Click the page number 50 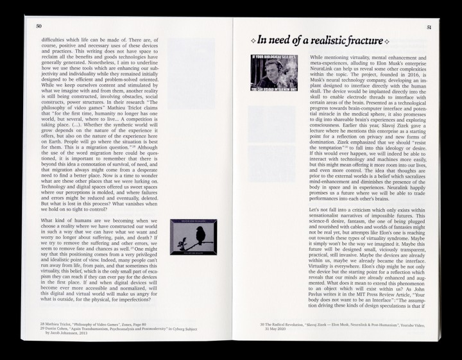tap(39, 26)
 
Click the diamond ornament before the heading tap(252, 42)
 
